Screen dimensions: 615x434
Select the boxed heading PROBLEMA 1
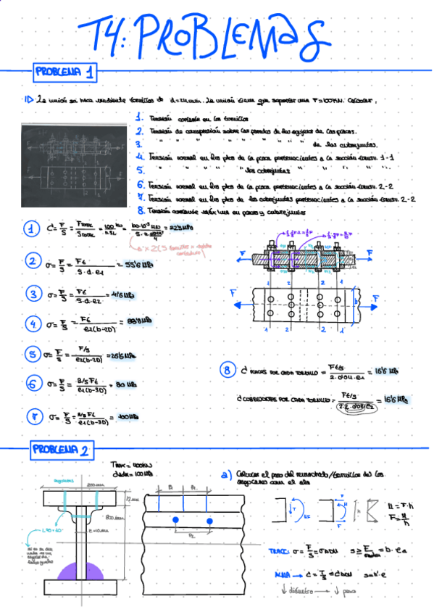pos(65,72)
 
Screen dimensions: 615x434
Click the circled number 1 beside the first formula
pos(32,231)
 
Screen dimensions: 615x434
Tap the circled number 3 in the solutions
pos(33,294)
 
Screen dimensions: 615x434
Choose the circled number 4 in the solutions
pos(33,323)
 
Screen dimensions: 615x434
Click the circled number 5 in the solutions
pos(33,354)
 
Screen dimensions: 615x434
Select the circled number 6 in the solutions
pos(33,384)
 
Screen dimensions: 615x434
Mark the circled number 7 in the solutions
pos(33,416)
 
